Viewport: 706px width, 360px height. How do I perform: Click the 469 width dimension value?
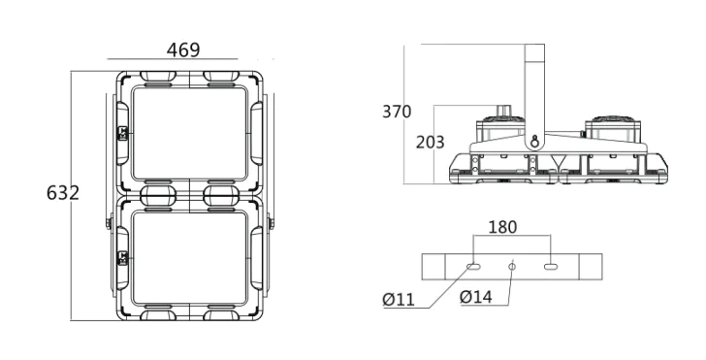point(183,50)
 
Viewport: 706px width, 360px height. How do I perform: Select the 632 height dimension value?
point(63,192)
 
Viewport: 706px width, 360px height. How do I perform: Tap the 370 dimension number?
point(397,112)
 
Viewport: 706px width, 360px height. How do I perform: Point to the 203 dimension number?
point(430,142)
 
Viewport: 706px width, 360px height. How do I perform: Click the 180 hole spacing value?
point(503,227)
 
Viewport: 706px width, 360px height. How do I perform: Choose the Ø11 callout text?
point(399,300)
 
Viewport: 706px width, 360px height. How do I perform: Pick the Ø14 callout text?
point(476,297)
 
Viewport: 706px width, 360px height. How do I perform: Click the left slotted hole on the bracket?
point(473,267)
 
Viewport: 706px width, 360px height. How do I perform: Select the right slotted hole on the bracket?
point(551,267)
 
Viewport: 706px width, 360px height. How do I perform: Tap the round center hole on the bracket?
point(512,267)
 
